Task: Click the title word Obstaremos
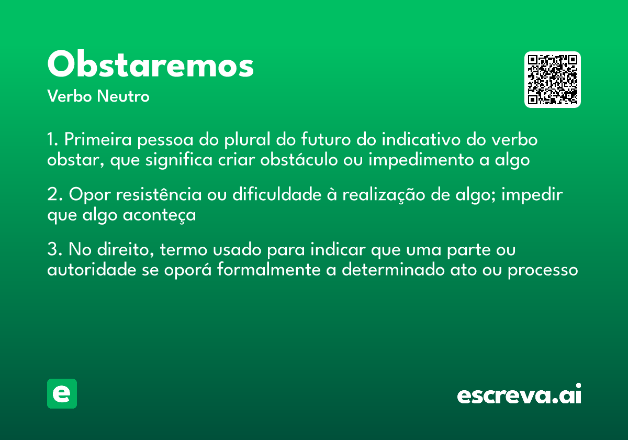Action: tap(150, 65)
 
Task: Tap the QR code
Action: tap(553, 80)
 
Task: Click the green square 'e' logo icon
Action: tap(62, 393)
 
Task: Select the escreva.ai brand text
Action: tap(519, 395)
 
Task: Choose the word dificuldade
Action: tap(276, 195)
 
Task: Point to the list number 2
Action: tap(52, 195)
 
